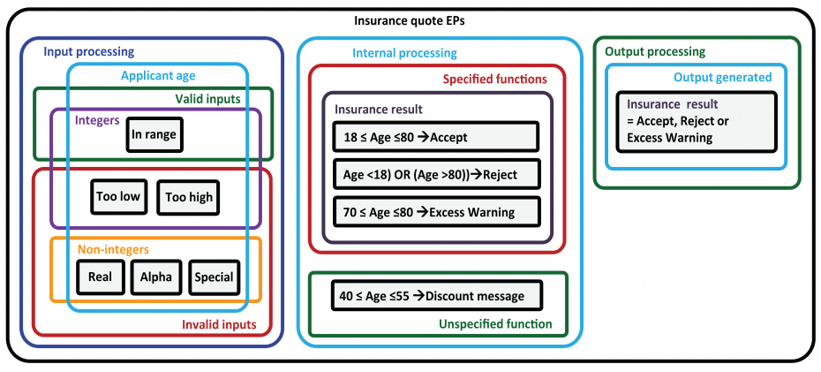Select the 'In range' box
(x=154, y=134)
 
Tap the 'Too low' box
(x=119, y=196)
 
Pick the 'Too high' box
(x=189, y=197)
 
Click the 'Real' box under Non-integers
(x=100, y=277)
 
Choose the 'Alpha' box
(x=156, y=277)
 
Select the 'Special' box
(x=215, y=277)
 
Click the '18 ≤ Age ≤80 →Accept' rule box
(x=435, y=138)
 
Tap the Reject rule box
(x=435, y=174)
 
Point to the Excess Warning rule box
(x=435, y=212)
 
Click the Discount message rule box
(x=437, y=295)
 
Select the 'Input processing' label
(x=89, y=52)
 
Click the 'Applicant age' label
(x=158, y=75)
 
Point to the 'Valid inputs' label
(x=207, y=98)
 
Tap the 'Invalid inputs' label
(x=219, y=324)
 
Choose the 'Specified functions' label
(x=494, y=80)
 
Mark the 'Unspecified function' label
(x=495, y=323)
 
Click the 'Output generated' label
(x=722, y=78)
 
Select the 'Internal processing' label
(x=404, y=53)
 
